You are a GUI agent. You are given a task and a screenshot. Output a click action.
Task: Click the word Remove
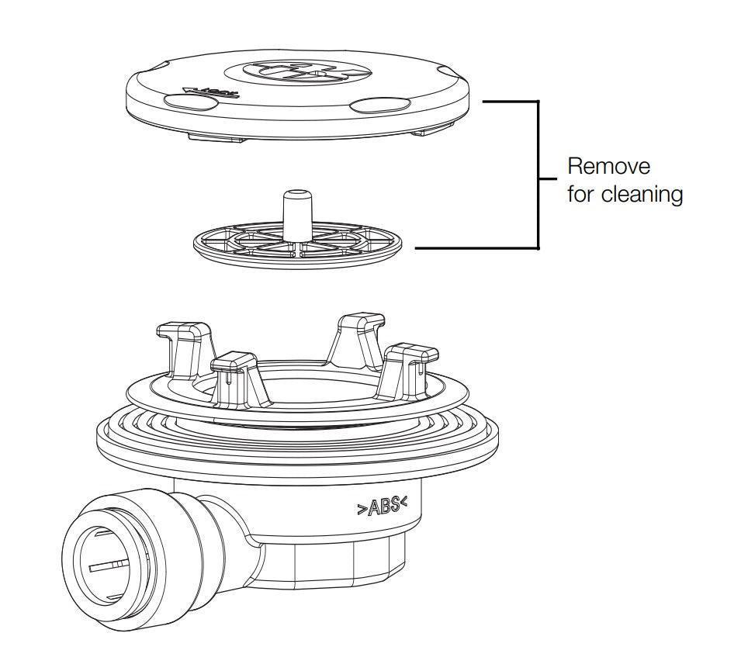pos(609,166)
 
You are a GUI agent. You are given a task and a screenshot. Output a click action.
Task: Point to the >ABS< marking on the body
pos(383,507)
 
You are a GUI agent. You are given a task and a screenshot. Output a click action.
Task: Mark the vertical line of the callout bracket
pos(538,175)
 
